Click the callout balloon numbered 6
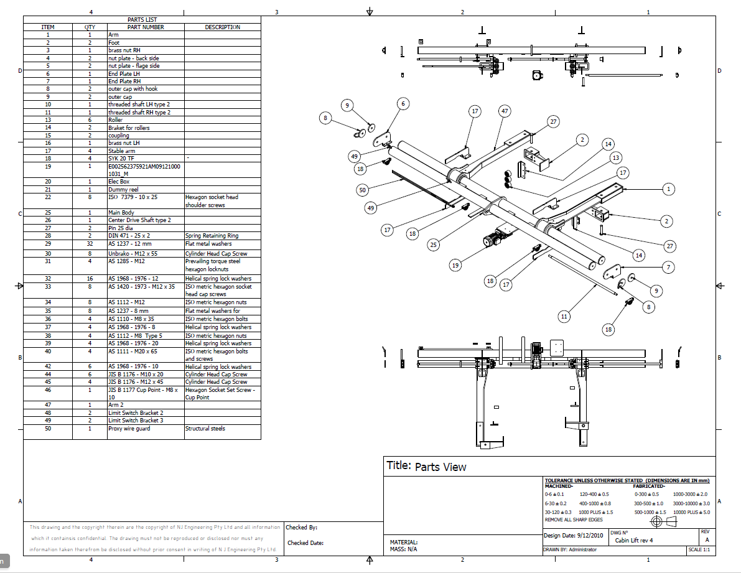click(x=403, y=104)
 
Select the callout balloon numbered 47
click(x=504, y=111)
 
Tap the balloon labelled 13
click(x=616, y=157)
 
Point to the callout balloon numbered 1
click(x=668, y=189)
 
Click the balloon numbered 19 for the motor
click(x=455, y=265)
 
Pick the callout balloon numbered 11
click(x=564, y=316)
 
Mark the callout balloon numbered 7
click(x=668, y=268)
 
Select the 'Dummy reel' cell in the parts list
click(x=123, y=189)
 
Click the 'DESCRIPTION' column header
click(x=222, y=27)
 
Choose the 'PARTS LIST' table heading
click(x=142, y=20)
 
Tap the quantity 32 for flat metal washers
click(x=90, y=244)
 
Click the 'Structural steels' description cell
click(x=205, y=429)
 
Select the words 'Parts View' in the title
click(x=440, y=467)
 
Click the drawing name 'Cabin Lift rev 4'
click(x=634, y=541)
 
